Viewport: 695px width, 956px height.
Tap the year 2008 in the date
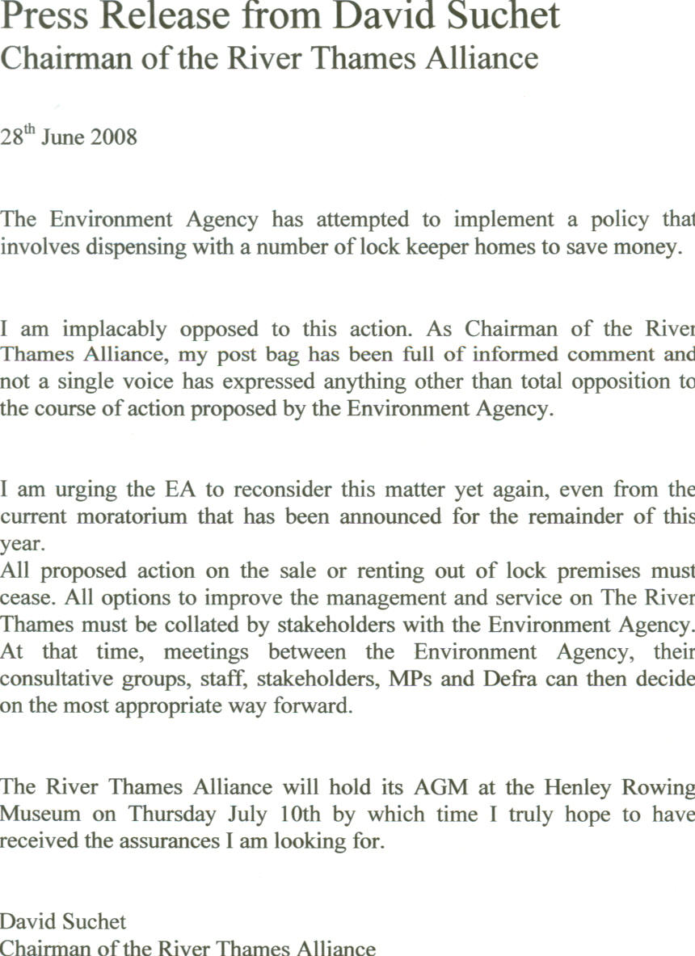tap(114, 137)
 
